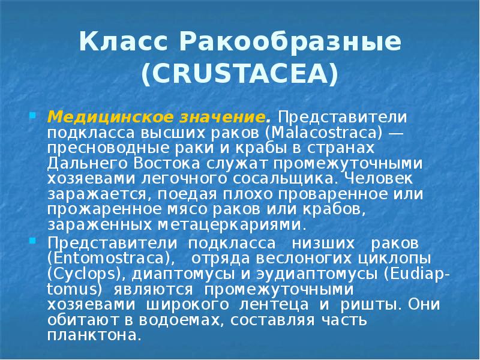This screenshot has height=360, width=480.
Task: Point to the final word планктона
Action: [x=94, y=335]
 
